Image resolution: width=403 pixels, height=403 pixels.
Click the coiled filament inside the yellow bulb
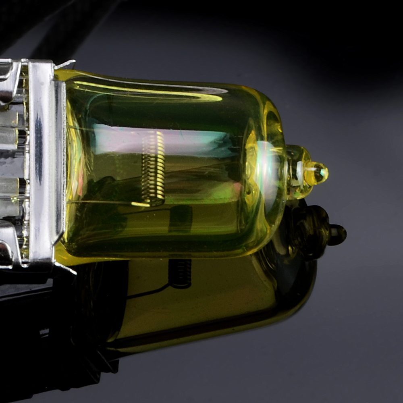coord(154,165)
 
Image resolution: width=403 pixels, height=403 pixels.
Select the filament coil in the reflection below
coord(180,273)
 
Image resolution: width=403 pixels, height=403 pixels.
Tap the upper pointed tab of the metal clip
coord(66,64)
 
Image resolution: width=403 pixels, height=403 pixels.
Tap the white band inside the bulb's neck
coord(300,173)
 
